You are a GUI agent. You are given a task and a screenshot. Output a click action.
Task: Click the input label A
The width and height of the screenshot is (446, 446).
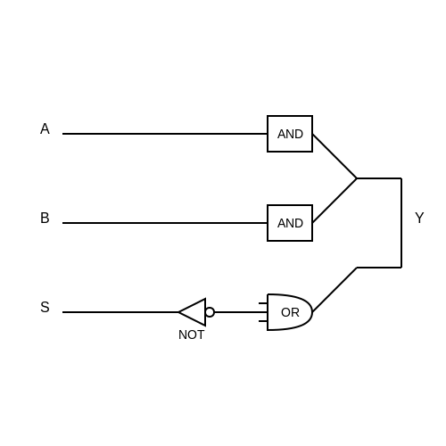click(x=45, y=128)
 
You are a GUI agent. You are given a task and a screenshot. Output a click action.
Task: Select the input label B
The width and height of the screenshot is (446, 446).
click(x=45, y=218)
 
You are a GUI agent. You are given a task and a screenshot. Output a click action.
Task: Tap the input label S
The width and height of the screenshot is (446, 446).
click(x=45, y=307)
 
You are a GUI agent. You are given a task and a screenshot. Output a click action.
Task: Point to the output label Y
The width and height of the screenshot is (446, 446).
click(x=419, y=218)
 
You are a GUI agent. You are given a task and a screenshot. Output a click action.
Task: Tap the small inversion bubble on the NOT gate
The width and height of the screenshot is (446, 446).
click(x=210, y=312)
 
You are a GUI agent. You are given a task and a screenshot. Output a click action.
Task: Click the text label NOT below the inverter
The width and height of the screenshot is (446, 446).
click(x=191, y=334)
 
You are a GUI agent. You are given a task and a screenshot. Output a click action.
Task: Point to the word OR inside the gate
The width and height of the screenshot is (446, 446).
click(x=290, y=312)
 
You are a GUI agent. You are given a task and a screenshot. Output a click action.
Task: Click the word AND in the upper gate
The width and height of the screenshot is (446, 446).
click(x=290, y=134)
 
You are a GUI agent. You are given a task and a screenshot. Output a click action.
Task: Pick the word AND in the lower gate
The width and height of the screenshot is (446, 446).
click(x=290, y=223)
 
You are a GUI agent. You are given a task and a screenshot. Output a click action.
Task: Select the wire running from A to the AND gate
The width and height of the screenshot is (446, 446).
click(x=165, y=134)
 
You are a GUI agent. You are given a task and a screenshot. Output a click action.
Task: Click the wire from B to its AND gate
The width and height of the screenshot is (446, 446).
click(x=165, y=223)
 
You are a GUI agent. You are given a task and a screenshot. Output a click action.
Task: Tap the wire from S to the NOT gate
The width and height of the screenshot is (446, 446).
click(x=120, y=312)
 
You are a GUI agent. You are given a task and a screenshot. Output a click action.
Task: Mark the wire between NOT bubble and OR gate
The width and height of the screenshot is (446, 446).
click(x=241, y=312)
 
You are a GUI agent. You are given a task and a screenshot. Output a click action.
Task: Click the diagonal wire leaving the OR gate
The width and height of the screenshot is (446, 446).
click(x=334, y=290)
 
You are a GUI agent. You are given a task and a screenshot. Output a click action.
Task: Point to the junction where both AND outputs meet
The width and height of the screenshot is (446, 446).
click(x=357, y=178)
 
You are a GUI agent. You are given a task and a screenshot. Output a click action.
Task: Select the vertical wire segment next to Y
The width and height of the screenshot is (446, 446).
click(x=401, y=223)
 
